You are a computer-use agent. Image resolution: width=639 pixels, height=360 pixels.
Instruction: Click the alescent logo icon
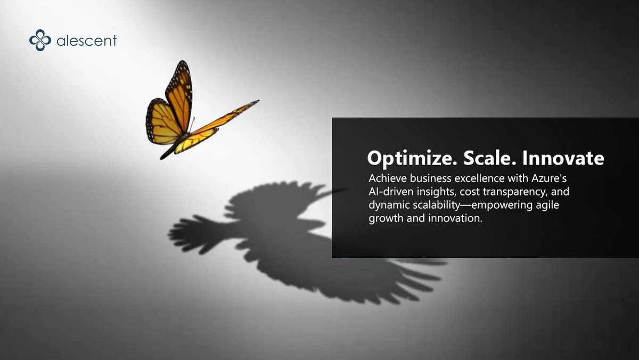point(40,40)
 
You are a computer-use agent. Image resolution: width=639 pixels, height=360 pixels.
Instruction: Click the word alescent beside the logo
point(86,40)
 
